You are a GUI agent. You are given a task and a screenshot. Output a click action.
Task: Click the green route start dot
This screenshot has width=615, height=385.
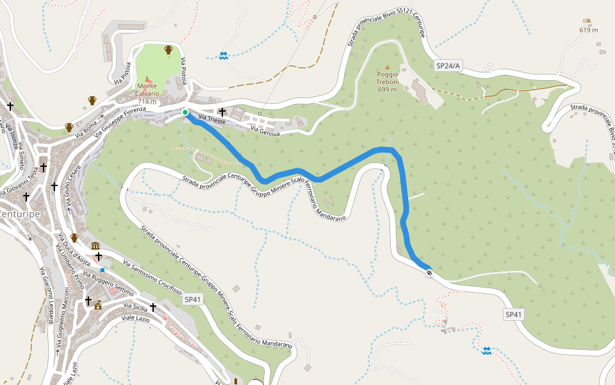(x=185, y=113)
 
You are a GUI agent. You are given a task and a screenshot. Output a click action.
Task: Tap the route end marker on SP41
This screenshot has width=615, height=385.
(x=429, y=273)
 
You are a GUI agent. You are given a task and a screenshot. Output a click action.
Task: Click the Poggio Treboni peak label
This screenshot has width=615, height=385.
(x=387, y=81)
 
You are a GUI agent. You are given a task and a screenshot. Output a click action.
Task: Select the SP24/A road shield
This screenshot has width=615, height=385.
(x=448, y=65)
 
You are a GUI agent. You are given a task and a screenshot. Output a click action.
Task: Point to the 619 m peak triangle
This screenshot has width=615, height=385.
(x=589, y=21)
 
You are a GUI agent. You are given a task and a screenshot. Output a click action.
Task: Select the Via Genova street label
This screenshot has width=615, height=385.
(x=265, y=130)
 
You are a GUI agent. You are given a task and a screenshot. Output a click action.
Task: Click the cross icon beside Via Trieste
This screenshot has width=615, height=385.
(x=222, y=112)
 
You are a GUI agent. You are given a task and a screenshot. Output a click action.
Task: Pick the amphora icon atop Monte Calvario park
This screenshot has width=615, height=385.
(x=168, y=49)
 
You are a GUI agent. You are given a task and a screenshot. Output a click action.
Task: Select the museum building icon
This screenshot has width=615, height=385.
(x=95, y=246)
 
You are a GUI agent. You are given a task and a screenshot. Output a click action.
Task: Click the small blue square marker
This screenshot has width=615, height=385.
(x=102, y=270)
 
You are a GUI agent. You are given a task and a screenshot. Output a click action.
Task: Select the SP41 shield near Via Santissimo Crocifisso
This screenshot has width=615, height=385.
(x=193, y=299)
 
